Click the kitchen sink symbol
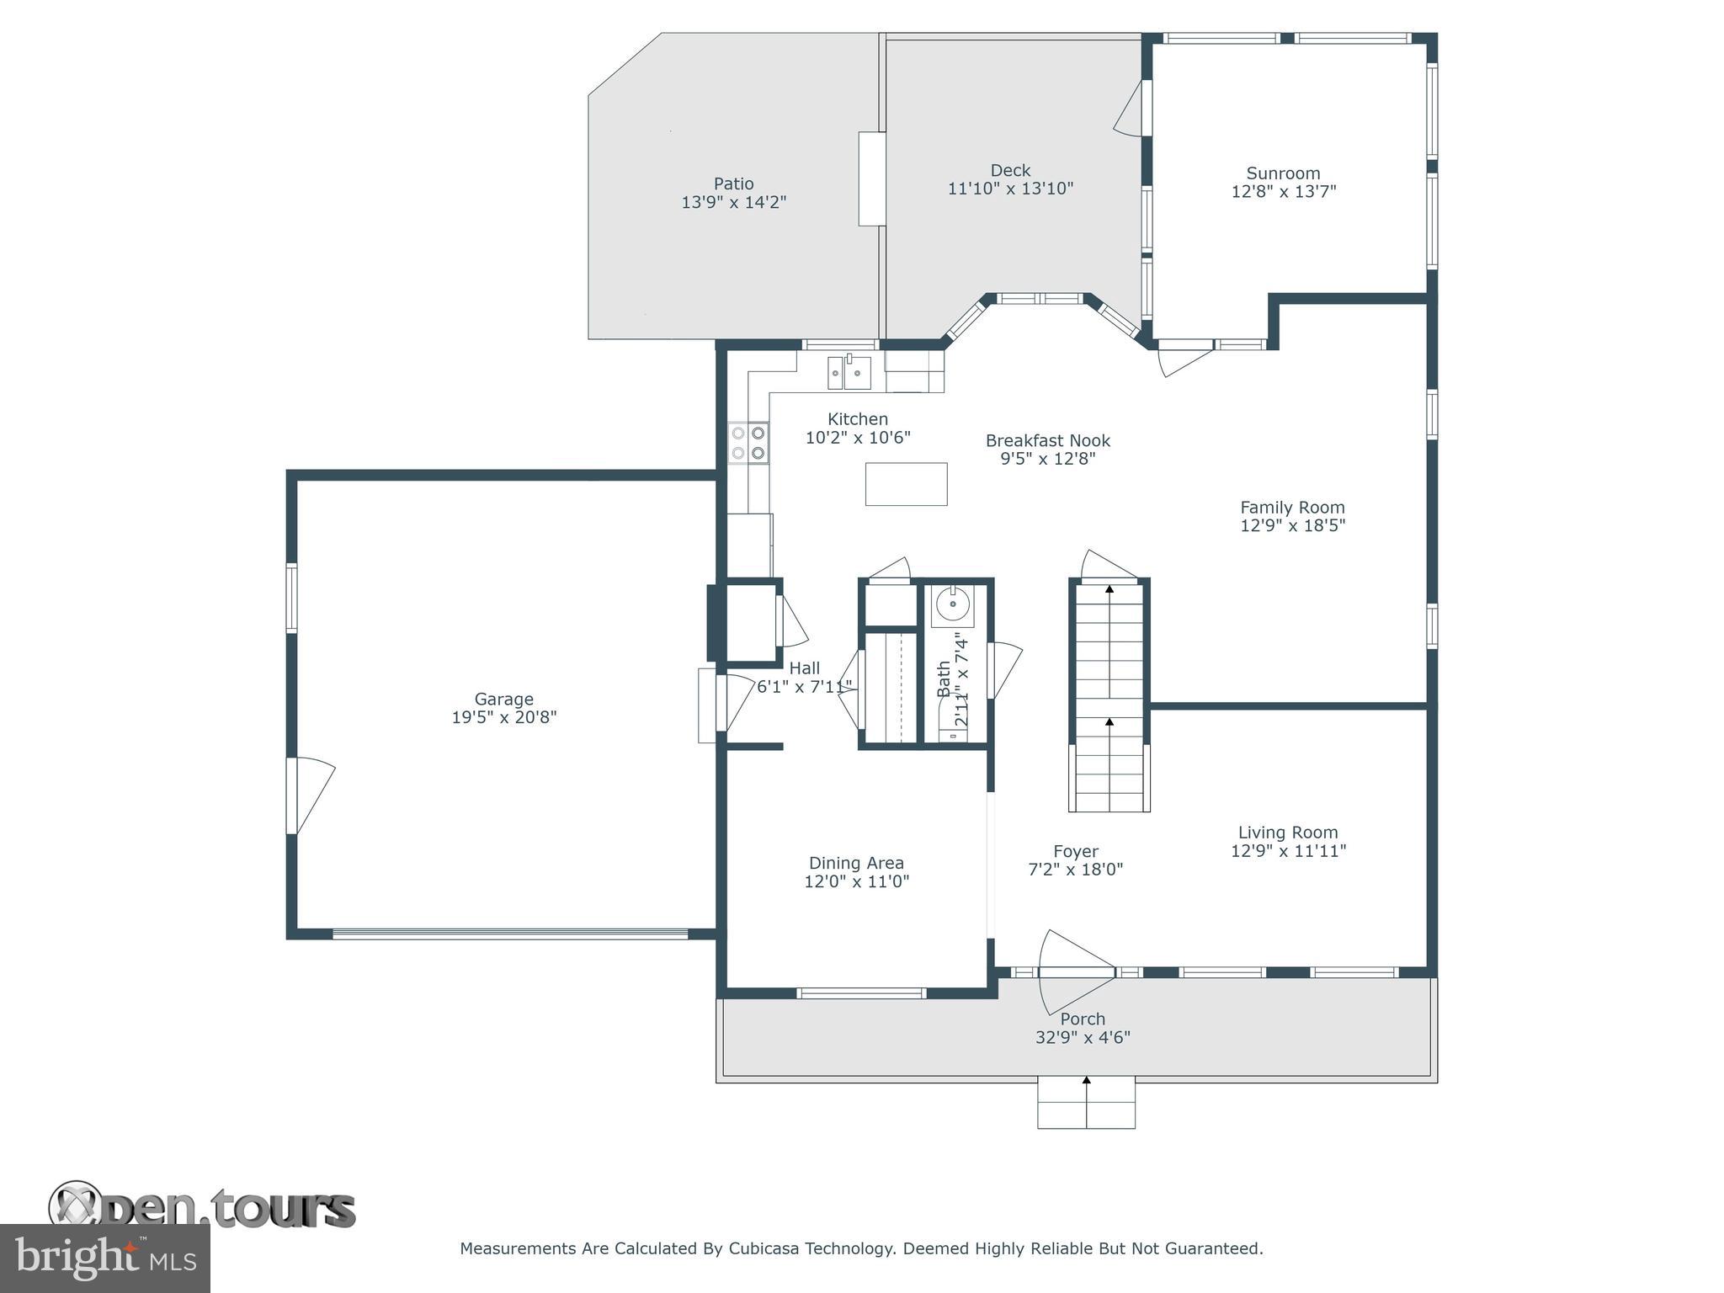point(849,373)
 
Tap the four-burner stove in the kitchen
point(748,443)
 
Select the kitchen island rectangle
point(906,484)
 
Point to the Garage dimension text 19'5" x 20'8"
point(503,717)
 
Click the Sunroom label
point(1283,173)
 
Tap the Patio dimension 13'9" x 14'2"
point(733,202)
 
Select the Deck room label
point(1010,170)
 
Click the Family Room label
point(1292,507)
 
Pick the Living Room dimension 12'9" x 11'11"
point(1288,850)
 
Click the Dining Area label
point(856,863)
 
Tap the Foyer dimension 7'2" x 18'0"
point(1075,870)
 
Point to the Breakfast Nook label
point(1047,440)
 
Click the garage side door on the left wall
point(308,795)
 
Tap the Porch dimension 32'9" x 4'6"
point(1083,1037)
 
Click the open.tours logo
point(202,1210)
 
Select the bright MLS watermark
point(104,1258)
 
